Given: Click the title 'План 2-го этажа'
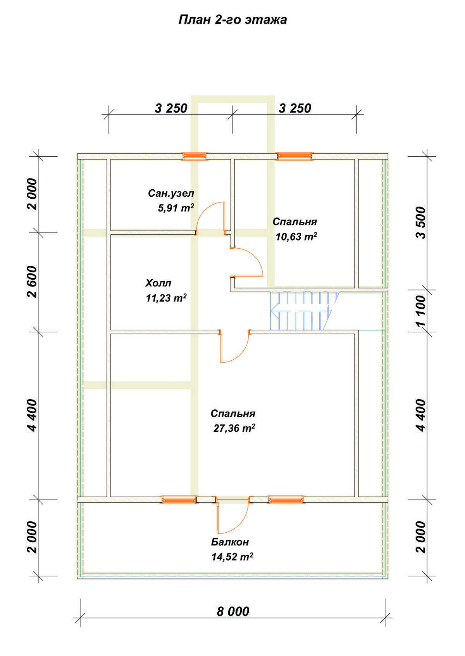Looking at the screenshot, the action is pyautogui.click(x=232, y=20).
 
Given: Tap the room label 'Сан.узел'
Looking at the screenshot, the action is pyautogui.click(x=171, y=193).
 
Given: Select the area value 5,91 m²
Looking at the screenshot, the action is pyautogui.click(x=176, y=208).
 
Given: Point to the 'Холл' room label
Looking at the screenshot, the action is pyautogui.click(x=158, y=283).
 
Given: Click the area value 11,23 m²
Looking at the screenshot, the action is pyautogui.click(x=166, y=298).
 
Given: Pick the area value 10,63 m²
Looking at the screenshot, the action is pyautogui.click(x=296, y=236).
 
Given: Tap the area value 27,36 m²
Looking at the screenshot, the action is pyautogui.click(x=234, y=428).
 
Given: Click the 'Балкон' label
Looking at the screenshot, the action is pyautogui.click(x=230, y=542).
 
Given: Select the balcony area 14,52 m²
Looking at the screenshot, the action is pyautogui.click(x=232, y=557).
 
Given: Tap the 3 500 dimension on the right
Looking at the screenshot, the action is pyautogui.click(x=421, y=223).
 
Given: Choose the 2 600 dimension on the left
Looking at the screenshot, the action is pyautogui.click(x=32, y=282).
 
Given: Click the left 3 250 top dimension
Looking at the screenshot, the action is pyautogui.click(x=171, y=108).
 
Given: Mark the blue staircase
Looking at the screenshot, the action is pyautogui.click(x=304, y=311).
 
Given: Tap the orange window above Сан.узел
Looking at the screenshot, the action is pyautogui.click(x=194, y=156).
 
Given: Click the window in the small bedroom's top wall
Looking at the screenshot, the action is pyautogui.click(x=294, y=156).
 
